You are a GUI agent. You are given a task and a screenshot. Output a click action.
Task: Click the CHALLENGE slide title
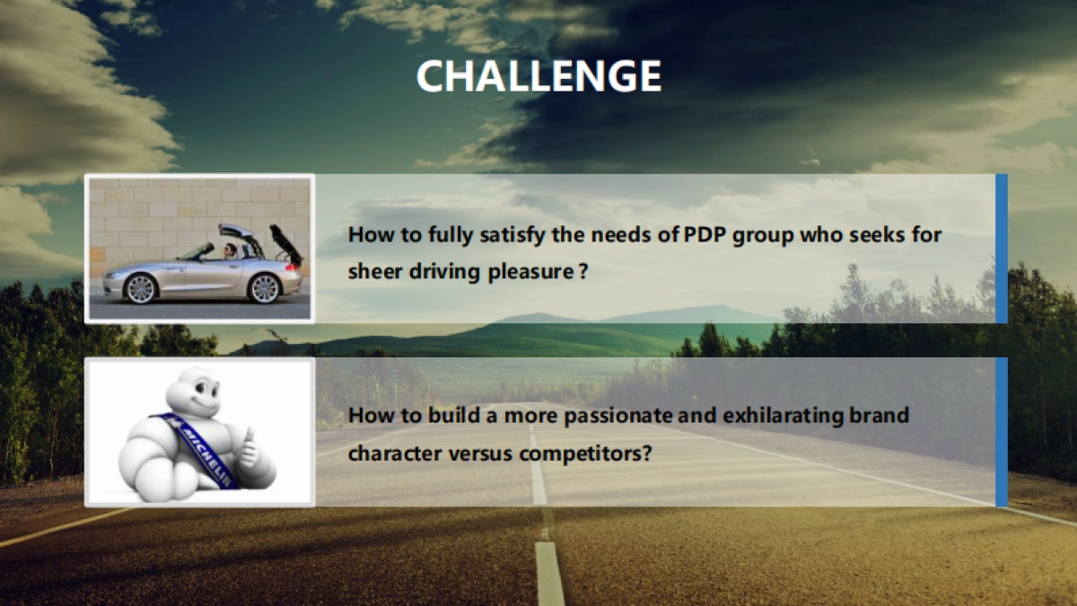[538, 76]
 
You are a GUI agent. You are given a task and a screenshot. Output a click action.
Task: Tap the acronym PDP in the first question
[704, 235]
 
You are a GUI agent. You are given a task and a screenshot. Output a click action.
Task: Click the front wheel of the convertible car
[141, 289]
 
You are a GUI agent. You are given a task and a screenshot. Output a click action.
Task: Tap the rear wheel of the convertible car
[264, 288]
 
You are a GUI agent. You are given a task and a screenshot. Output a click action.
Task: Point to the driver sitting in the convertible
[230, 251]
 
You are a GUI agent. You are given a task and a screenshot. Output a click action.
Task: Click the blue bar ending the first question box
[1002, 249]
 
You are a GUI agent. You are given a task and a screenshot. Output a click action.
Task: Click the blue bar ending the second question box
[1002, 432]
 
